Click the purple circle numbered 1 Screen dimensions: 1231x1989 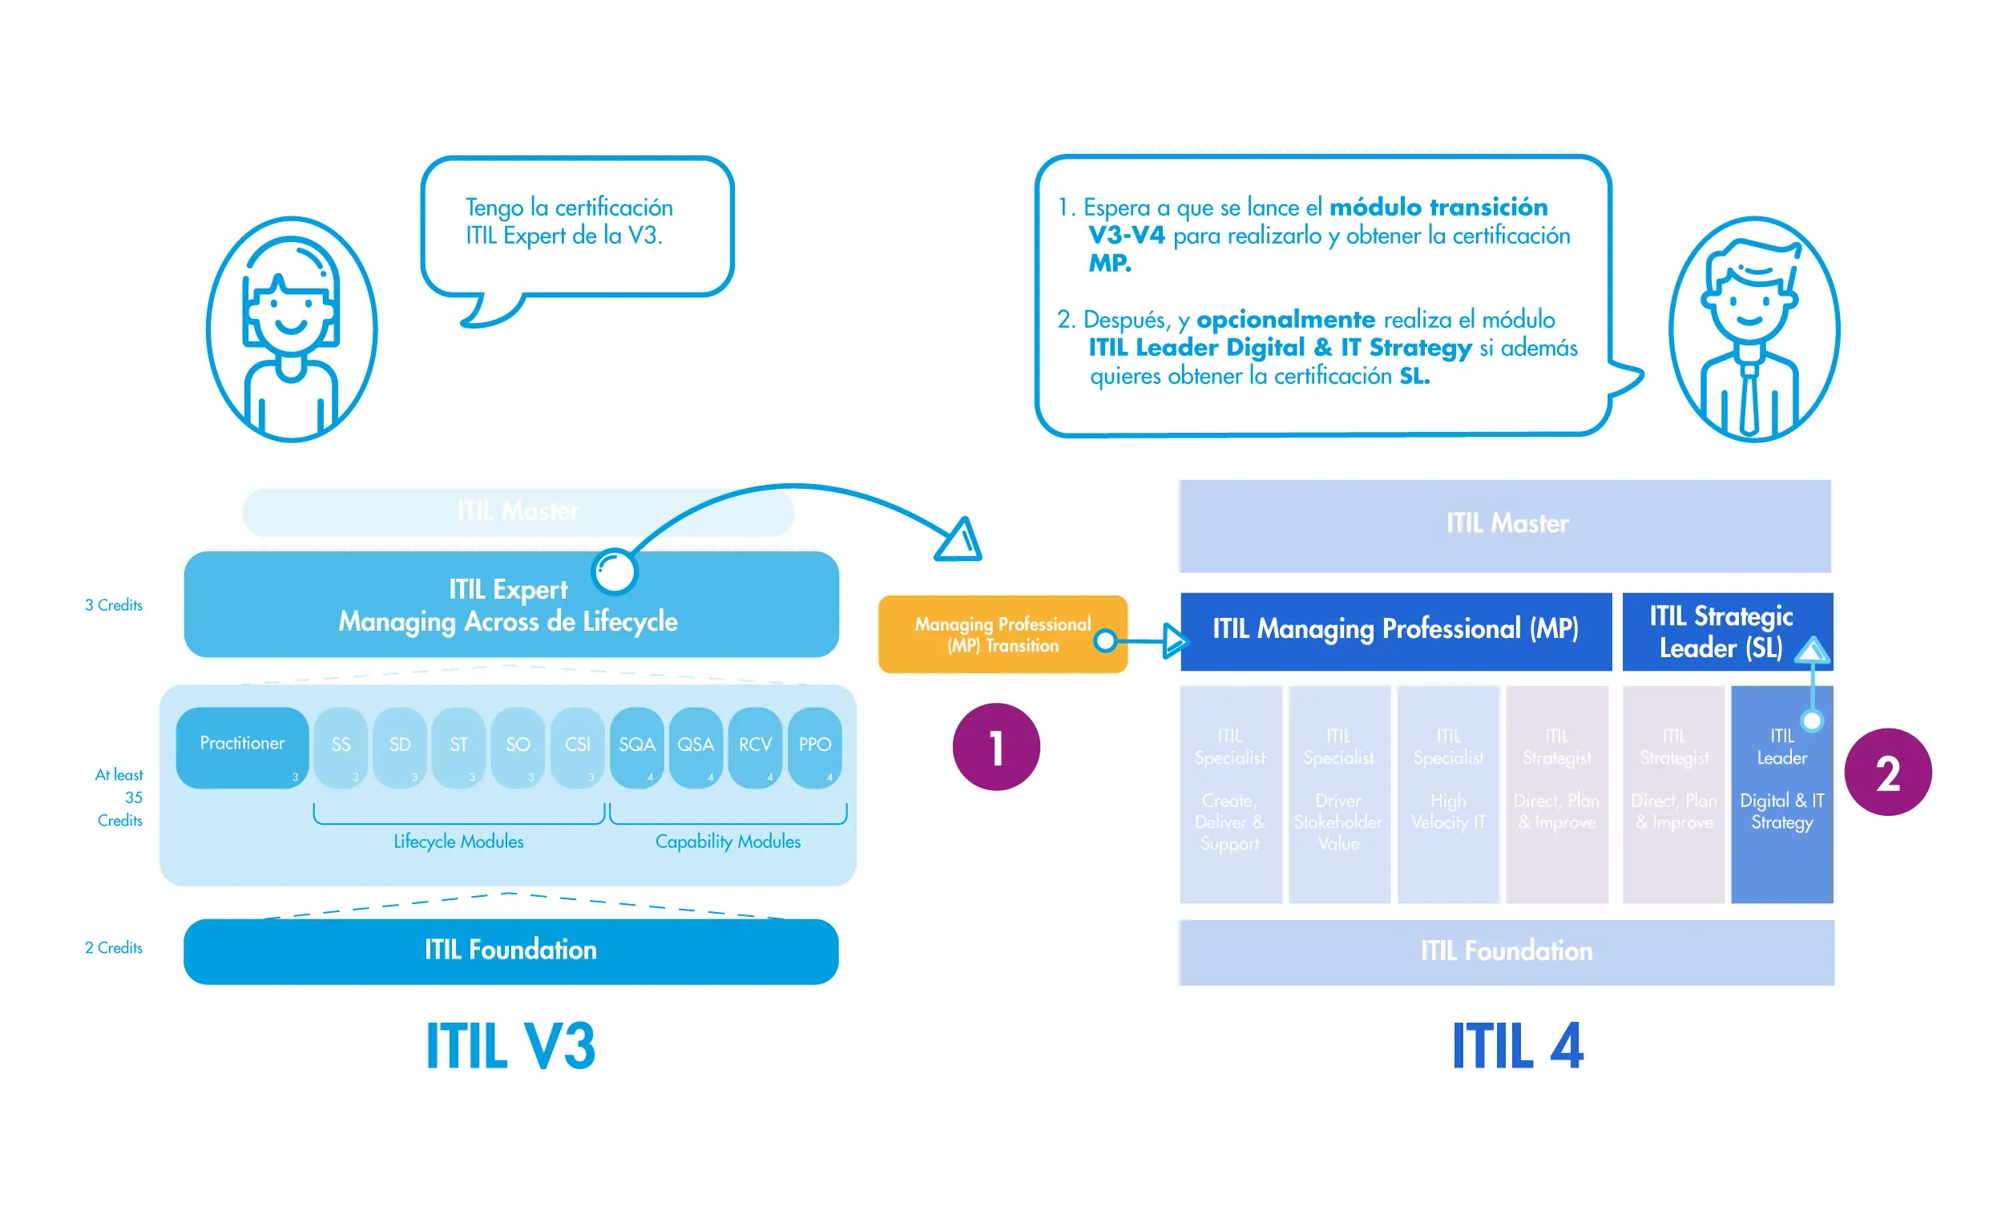tap(995, 747)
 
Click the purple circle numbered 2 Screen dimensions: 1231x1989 tap(1887, 772)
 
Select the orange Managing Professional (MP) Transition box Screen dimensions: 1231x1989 tap(1002, 634)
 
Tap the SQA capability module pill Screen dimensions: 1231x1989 tap(636, 747)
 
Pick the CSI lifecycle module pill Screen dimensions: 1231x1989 tap(577, 747)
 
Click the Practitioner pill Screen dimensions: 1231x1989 tap(242, 747)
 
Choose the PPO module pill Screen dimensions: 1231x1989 tap(814, 747)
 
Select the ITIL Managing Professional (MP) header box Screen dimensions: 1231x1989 tap(1395, 631)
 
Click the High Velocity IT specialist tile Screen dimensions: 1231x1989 tap(1448, 793)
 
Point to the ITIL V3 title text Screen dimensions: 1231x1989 tap(510, 1045)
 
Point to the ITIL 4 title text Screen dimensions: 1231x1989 tap(1517, 1045)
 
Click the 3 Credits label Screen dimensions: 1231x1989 tap(113, 605)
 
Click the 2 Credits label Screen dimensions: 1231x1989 tap(113, 947)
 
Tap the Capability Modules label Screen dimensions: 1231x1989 tap(728, 841)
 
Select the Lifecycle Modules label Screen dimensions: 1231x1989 tap(458, 841)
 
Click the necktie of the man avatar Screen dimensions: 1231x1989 tap(1748, 399)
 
